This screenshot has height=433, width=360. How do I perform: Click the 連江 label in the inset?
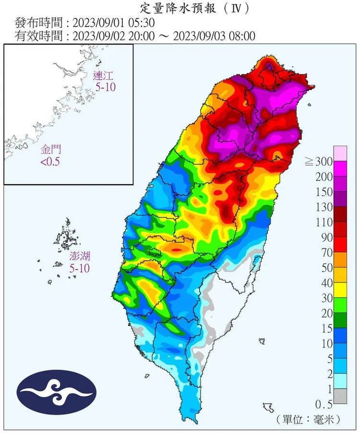tap(104, 75)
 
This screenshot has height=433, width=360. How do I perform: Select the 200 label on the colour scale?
tap(324, 176)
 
